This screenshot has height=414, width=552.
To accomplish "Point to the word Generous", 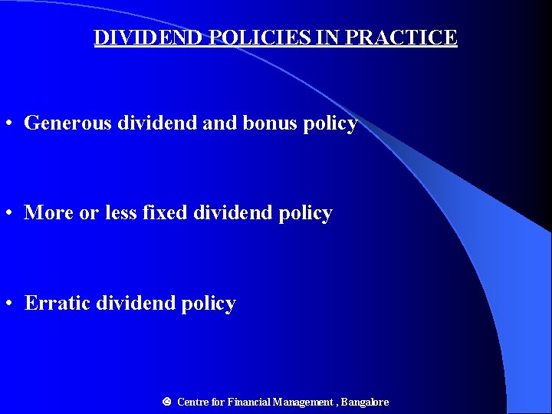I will [67, 123].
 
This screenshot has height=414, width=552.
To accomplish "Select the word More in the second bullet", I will [48, 212].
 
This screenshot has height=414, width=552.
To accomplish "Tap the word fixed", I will [165, 212].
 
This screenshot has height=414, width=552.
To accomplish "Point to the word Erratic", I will [58, 303].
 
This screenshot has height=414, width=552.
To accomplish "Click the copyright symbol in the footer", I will [166, 401].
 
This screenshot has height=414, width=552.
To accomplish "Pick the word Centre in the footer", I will [192, 402].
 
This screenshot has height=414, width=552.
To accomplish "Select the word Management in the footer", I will [304, 402].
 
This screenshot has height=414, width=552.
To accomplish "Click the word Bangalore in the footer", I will [365, 402].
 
